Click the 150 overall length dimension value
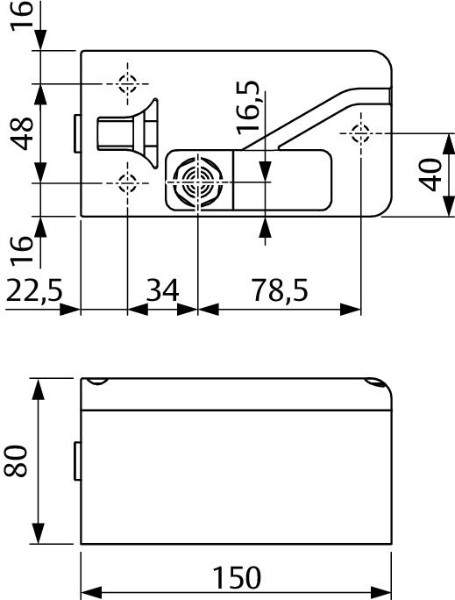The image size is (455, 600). pos(236,578)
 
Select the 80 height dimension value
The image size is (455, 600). pos(18,461)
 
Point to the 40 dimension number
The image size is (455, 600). pos(430,174)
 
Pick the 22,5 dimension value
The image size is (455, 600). pos(37,290)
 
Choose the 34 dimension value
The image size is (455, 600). pos(162,290)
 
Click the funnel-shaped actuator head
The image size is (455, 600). pos(140,133)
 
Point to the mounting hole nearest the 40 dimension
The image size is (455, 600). pos(359,133)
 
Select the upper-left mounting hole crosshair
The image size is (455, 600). pos(128,84)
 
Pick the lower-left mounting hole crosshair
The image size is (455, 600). pos(128,183)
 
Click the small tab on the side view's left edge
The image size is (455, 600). pos(76,461)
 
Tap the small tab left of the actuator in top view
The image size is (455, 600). pos(76,133)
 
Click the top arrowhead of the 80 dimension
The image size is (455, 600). pos(39,387)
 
